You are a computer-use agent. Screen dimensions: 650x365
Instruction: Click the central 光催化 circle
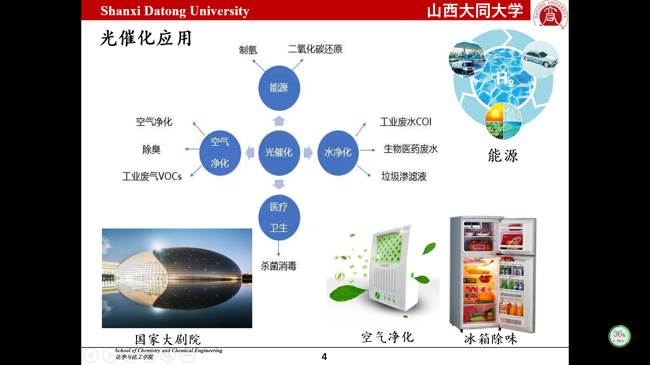279,153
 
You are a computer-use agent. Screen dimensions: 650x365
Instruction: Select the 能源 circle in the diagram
279,88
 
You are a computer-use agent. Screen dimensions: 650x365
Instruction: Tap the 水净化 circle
338,153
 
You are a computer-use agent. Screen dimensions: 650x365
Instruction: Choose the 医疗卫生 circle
279,217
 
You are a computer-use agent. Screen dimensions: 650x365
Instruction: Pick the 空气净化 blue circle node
220,153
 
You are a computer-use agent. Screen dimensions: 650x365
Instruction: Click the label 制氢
248,50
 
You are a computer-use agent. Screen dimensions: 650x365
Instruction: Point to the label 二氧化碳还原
315,49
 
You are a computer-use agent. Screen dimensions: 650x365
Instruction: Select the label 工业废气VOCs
152,176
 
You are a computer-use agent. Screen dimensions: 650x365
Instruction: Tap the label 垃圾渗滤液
404,176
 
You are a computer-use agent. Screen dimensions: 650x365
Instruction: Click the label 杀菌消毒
279,266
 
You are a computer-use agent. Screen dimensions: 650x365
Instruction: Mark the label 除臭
151,149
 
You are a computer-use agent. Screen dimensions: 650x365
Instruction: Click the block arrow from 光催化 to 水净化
308,153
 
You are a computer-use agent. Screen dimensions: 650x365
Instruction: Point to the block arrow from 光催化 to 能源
279,121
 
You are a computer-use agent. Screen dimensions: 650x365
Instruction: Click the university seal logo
550,14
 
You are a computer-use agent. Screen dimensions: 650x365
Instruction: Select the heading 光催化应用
146,38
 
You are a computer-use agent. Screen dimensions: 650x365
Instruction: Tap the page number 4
324,357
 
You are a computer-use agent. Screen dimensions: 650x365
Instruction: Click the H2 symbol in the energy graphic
505,79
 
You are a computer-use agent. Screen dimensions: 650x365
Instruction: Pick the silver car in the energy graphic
540,59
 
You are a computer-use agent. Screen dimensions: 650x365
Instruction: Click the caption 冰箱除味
491,339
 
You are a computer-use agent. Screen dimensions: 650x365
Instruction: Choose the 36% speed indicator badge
620,336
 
